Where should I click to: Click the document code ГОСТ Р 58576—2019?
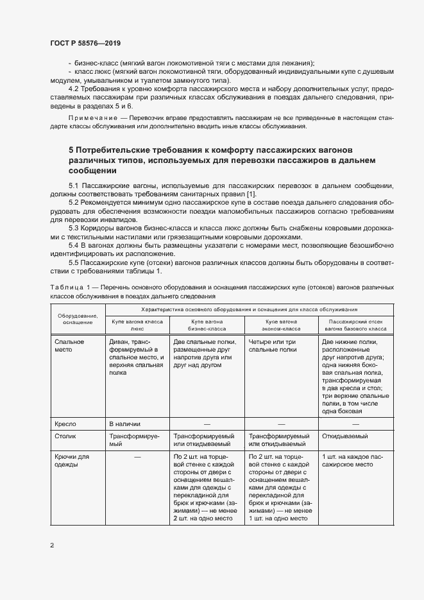click(x=85, y=43)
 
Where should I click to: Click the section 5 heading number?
click(x=72, y=150)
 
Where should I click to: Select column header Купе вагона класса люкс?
click(x=138, y=323)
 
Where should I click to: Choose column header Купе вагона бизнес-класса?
click(x=207, y=323)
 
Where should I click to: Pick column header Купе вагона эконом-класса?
click(x=281, y=323)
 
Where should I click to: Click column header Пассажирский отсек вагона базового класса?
click(x=355, y=323)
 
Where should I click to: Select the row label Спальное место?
click(x=69, y=346)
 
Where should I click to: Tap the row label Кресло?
click(x=66, y=424)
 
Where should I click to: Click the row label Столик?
click(x=67, y=436)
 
